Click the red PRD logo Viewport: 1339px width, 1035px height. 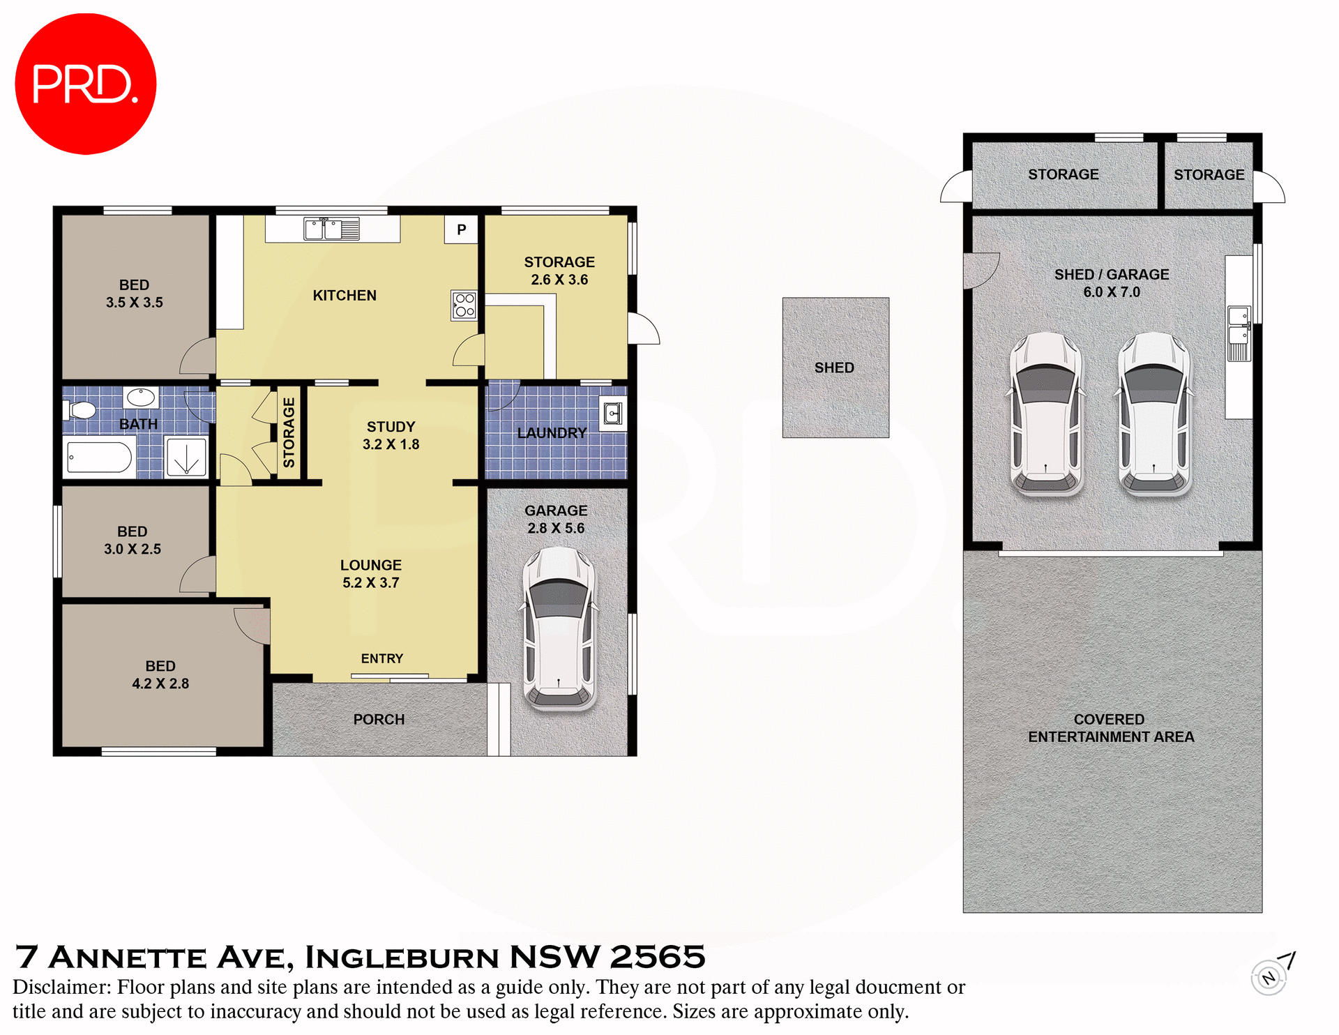(85, 84)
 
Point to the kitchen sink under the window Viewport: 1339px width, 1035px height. (332, 229)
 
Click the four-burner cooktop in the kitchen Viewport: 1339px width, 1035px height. (464, 305)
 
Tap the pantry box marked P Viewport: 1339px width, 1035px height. (461, 229)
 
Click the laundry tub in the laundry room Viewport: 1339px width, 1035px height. (612, 415)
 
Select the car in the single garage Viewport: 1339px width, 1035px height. (559, 628)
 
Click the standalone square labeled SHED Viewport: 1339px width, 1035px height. (835, 368)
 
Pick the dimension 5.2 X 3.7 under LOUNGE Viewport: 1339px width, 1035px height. (370, 583)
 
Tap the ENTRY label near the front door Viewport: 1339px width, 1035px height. (381, 658)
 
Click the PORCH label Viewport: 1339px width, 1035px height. (379, 719)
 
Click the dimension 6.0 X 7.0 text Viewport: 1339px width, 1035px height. (1111, 292)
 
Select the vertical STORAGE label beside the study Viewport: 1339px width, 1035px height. (289, 432)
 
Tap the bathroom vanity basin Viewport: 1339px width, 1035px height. (141, 398)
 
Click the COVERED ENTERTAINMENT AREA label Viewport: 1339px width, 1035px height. (1110, 728)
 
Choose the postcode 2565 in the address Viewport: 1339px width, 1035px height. (658, 957)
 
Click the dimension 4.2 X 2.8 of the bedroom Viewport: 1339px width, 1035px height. (160, 683)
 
